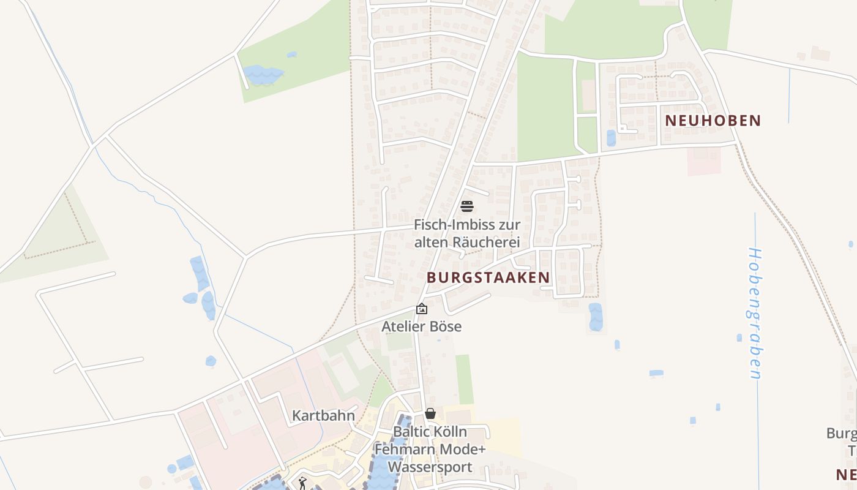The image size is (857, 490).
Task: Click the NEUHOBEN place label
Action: coord(713,121)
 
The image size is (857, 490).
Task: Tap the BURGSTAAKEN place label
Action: coord(488,277)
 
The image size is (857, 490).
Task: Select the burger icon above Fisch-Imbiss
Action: coord(467,206)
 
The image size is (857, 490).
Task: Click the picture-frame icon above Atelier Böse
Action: coord(421,309)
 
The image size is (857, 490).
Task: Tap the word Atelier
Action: coord(402,326)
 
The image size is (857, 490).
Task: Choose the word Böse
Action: coord(444,326)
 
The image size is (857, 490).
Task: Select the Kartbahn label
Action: coord(323,416)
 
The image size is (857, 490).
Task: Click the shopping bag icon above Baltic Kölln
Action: coord(430,414)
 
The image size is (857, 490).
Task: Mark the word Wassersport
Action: coord(430,467)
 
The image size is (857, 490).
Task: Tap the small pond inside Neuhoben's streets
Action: coord(611,138)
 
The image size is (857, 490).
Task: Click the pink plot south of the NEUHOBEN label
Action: coord(703,160)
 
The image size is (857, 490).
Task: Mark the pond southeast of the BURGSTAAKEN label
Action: coord(595,317)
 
